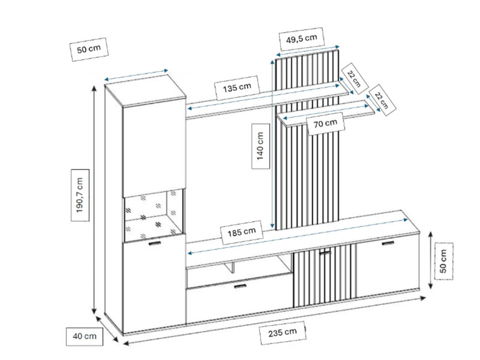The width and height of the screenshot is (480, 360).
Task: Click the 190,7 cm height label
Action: [80, 195]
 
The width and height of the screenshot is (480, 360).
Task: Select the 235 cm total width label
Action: [283, 332]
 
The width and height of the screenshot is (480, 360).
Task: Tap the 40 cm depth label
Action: [85, 336]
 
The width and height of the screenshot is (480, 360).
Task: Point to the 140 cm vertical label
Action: [260, 146]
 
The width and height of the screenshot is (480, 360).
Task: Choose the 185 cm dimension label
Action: [242, 232]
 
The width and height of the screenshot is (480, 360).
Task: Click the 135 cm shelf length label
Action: [237, 88]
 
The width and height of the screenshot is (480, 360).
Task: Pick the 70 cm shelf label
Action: [325, 124]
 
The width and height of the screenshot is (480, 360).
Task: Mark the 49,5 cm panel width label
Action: [302, 39]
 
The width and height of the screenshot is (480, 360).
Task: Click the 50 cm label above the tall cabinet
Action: [89, 49]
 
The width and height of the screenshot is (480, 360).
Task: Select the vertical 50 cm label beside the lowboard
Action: [443, 261]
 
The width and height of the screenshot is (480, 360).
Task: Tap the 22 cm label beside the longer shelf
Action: [353, 79]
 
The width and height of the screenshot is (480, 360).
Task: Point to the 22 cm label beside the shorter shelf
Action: [381, 100]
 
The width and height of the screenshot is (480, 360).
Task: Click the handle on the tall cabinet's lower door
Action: [155, 244]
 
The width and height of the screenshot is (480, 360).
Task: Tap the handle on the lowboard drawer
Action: [240, 286]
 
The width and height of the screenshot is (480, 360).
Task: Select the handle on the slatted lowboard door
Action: [325, 253]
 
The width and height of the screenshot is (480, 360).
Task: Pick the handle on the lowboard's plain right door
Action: [388, 244]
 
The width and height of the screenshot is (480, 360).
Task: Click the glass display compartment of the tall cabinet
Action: [154, 215]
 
